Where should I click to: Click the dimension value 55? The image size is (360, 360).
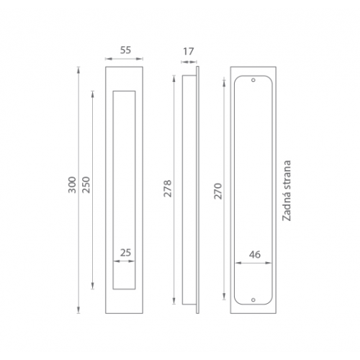tap(125, 50)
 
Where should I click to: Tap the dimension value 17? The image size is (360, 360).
tap(189, 51)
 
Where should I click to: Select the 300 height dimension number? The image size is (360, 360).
tap(72, 185)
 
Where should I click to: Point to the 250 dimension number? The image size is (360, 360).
tap(86, 185)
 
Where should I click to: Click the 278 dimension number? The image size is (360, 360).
tap(168, 189)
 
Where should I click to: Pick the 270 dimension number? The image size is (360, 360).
tap(218, 191)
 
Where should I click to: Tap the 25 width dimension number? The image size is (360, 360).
tap(125, 253)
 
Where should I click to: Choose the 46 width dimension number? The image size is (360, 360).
tap(255, 254)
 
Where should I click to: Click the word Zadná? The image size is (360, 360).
tap(287, 207)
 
